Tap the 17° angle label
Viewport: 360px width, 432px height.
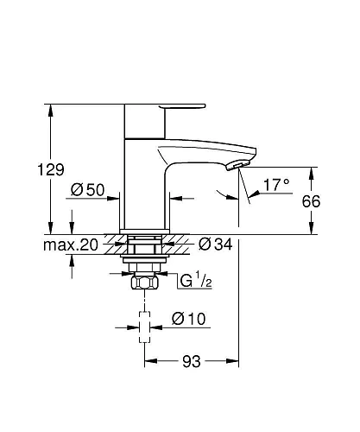276,185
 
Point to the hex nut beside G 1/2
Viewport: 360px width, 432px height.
142,283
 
